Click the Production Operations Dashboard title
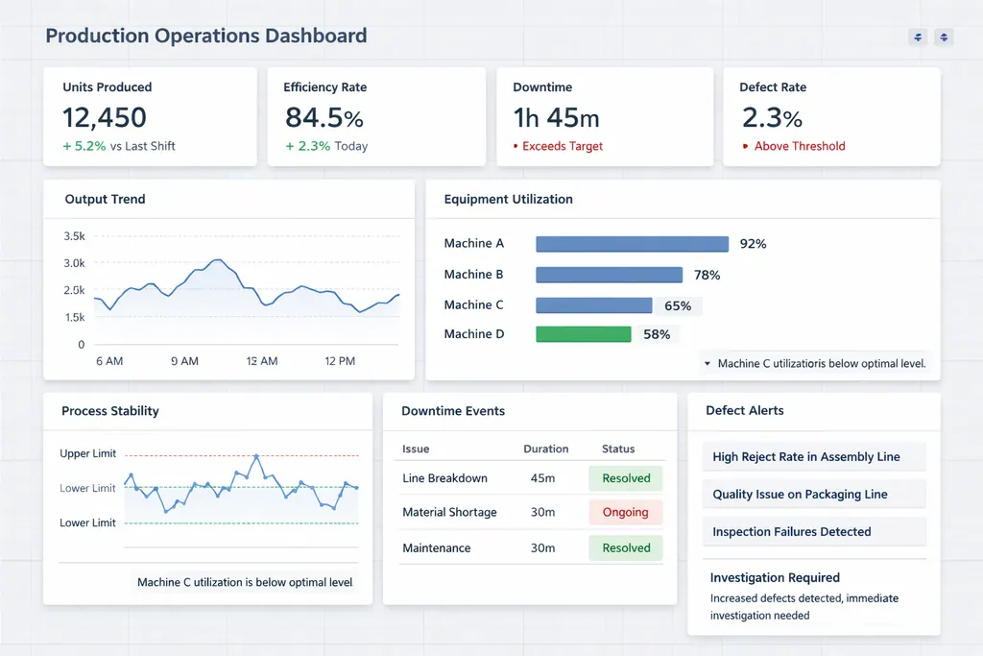pyautogui.click(x=205, y=36)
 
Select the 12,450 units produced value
pyautogui.click(x=105, y=118)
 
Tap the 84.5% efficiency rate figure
pyautogui.click(x=324, y=118)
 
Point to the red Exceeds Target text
pyautogui.click(x=563, y=147)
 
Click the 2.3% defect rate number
pyautogui.click(x=772, y=118)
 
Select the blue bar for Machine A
pyautogui.click(x=632, y=244)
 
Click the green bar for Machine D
pyautogui.click(x=583, y=334)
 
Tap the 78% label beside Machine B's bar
pyautogui.click(x=707, y=275)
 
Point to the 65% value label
pyautogui.click(x=678, y=305)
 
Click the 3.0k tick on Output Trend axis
pyautogui.click(x=74, y=263)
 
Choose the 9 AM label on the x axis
pyautogui.click(x=184, y=361)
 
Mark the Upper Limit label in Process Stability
pyautogui.click(x=87, y=453)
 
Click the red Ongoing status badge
pyautogui.click(x=625, y=513)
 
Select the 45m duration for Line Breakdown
pyautogui.click(x=542, y=478)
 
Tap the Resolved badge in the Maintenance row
pyautogui.click(x=626, y=548)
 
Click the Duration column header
pyautogui.click(x=545, y=449)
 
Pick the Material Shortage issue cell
pyautogui.click(x=449, y=513)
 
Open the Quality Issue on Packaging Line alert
pyautogui.click(x=800, y=495)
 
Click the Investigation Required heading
pyautogui.click(x=775, y=578)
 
